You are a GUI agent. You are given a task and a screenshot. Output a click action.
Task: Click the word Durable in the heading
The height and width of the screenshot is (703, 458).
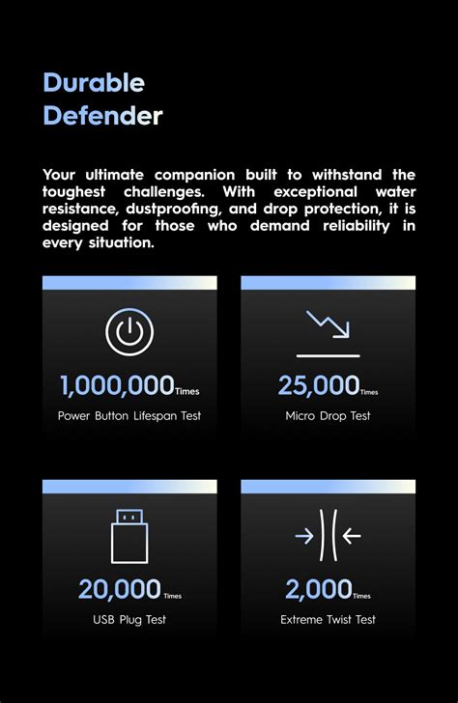coord(94,83)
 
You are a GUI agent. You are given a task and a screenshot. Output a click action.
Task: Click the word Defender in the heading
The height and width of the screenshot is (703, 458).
coord(102,117)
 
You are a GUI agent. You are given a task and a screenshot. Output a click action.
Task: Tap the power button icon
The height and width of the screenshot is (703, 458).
coord(129,332)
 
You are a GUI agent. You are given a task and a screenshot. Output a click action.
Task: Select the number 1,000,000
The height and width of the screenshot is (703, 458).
coord(116,386)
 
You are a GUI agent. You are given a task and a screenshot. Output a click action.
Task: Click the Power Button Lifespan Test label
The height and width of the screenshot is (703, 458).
coord(129,416)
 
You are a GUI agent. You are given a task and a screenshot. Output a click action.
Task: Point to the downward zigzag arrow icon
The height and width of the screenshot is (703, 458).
coord(327,325)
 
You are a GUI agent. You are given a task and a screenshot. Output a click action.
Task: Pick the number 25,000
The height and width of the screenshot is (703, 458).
coord(318,386)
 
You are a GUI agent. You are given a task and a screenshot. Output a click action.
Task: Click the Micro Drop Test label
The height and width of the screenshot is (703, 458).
coord(328,416)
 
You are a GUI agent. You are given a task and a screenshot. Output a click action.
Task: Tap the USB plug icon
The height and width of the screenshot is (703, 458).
coord(129,536)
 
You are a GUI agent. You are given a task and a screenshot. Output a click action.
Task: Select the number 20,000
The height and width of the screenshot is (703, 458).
coord(120,589)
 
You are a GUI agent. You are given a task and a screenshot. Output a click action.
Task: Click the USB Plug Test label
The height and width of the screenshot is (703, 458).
coord(129,619)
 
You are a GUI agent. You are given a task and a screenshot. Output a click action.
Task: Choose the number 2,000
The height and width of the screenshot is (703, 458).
coord(318,589)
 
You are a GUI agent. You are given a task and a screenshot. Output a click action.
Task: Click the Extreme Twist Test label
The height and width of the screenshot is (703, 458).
coord(328,619)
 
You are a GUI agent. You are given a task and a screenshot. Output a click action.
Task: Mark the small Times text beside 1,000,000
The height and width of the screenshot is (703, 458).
coord(187,392)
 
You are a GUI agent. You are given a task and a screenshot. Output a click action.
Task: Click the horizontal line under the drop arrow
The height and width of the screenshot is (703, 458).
coord(328,355)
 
